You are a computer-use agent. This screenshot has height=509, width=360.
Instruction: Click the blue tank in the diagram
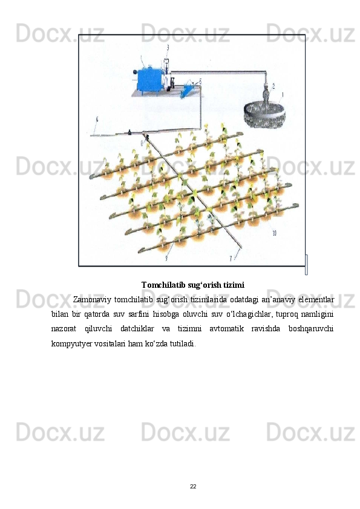149,80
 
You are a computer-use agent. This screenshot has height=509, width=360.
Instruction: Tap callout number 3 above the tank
168,47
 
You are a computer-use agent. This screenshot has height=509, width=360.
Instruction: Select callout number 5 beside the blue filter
200,81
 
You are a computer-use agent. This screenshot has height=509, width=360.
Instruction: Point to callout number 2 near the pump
273,86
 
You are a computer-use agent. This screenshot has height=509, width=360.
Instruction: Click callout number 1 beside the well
283,95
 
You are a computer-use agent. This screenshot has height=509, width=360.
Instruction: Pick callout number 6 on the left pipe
97,120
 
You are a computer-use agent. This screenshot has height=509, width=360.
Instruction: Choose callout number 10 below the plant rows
274,233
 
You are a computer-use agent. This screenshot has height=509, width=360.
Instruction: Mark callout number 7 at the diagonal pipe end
231,258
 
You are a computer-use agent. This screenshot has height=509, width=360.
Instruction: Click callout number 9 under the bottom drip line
166,258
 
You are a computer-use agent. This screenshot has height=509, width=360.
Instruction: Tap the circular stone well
264,115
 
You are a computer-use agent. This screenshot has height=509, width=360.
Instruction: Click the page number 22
193,487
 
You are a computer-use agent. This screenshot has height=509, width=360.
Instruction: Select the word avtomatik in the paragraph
226,329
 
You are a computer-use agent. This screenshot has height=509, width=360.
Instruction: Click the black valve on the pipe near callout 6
129,132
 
